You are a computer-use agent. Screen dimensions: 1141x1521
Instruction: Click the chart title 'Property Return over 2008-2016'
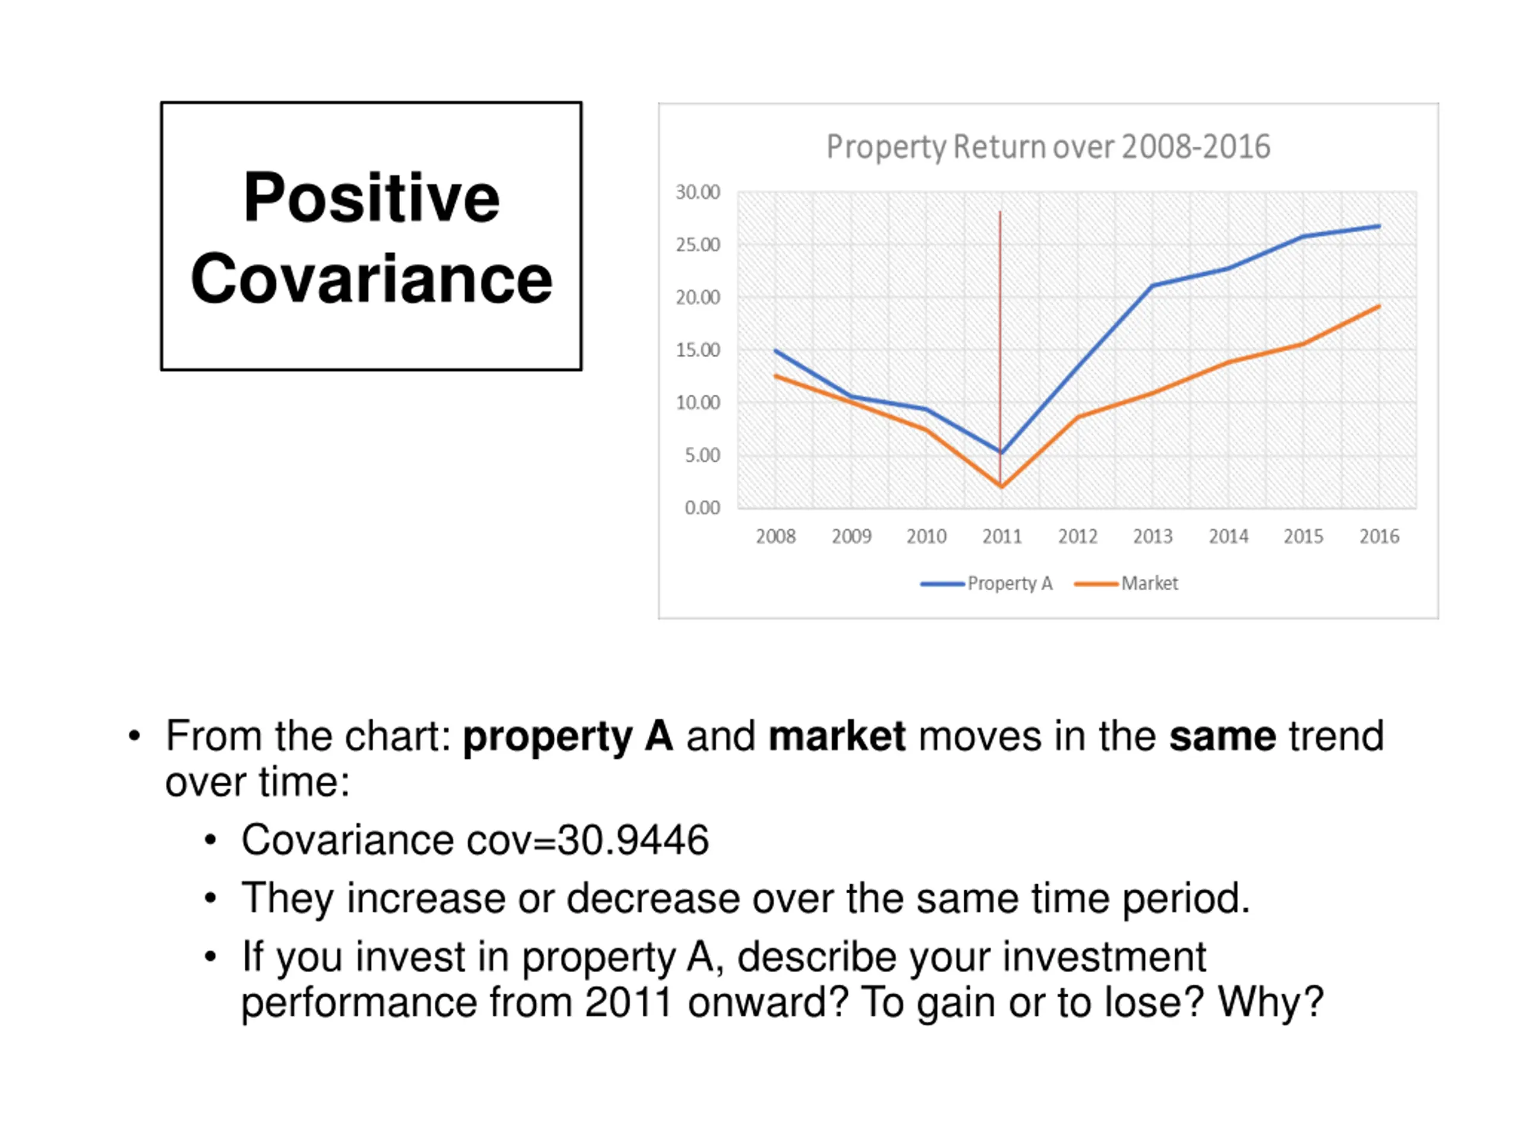point(1048,147)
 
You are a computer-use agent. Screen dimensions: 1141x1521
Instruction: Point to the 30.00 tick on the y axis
point(698,192)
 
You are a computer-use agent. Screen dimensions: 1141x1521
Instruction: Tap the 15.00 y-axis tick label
point(698,350)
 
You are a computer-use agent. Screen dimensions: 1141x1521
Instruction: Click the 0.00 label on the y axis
point(702,508)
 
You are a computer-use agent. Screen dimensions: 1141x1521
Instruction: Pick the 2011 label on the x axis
point(1002,537)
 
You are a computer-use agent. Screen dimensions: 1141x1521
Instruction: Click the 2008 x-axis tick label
point(775,537)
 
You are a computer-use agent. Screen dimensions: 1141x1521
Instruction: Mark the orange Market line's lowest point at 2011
point(1001,486)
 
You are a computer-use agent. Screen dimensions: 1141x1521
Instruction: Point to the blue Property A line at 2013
point(1153,285)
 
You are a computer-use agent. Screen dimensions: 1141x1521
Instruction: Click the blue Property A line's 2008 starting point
point(775,351)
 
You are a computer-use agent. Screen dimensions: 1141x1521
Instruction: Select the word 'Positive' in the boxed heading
point(371,198)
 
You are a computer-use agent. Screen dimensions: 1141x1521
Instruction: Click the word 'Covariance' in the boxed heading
point(371,279)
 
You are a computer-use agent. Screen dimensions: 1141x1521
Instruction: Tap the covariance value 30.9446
point(633,840)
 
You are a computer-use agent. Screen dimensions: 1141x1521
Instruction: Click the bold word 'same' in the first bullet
point(1223,736)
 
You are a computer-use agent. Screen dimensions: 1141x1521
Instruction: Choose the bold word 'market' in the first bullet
point(837,736)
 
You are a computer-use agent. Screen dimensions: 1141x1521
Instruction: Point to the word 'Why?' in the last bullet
point(1271,1002)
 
